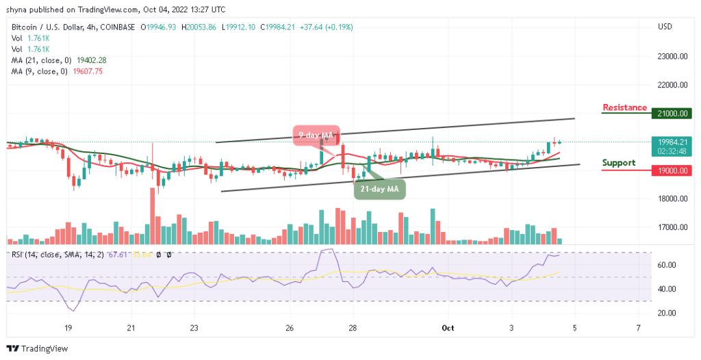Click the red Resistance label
click(x=624, y=107)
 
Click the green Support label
click(x=619, y=163)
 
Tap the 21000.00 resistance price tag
click(x=672, y=114)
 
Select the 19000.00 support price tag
click(x=672, y=170)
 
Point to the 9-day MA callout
click(x=316, y=136)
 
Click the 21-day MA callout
click(x=379, y=189)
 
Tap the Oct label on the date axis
click(x=447, y=328)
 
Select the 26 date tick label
click(x=290, y=328)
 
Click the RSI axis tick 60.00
click(x=667, y=265)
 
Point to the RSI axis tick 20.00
click(x=667, y=313)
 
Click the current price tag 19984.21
click(x=672, y=142)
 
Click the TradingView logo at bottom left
click(x=38, y=348)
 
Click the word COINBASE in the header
click(x=116, y=27)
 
